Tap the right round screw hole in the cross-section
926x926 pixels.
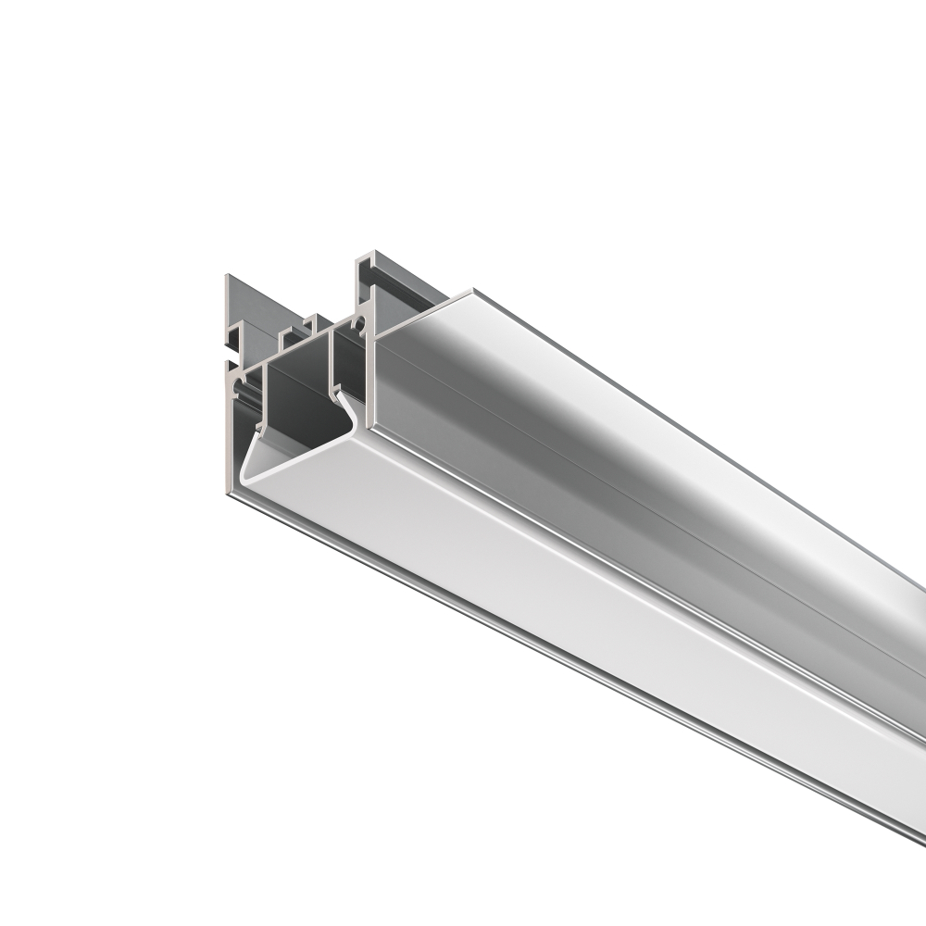pyautogui.click(x=358, y=325)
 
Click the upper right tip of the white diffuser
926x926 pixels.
pyautogui.click(x=340, y=394)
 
